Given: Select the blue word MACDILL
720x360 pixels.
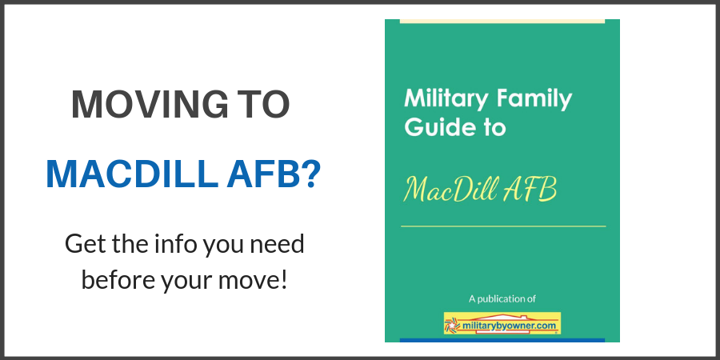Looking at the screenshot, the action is coord(132,174).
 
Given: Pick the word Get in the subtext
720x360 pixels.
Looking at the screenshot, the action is coord(86,244).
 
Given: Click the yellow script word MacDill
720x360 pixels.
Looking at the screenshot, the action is coord(450,190).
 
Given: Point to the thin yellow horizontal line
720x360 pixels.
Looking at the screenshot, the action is coord(503,226).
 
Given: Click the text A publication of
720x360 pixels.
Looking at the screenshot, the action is coord(502,299).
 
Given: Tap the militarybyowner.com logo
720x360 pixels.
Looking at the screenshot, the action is coord(502,323).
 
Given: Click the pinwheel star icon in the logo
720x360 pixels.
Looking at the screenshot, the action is coord(452,325).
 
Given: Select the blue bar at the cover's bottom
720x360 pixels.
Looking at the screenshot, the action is coord(502,340).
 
